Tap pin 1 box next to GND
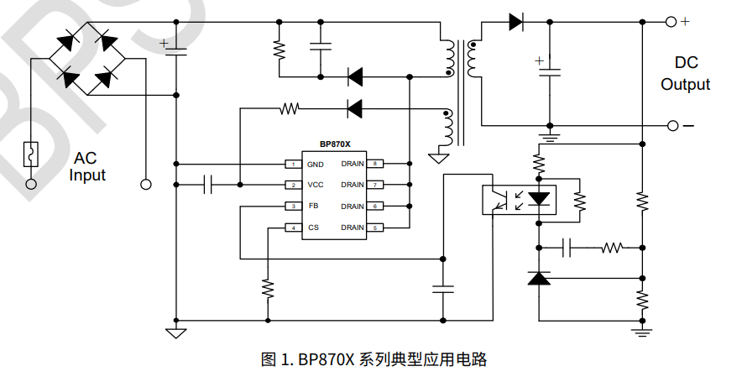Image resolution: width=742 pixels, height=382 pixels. coord(293,164)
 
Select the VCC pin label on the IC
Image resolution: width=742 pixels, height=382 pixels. coord(316,185)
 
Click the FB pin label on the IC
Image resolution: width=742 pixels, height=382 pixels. coord(313,206)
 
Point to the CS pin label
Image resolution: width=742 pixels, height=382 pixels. coord(313,228)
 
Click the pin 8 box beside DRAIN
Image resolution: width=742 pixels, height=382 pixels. coord(377,164)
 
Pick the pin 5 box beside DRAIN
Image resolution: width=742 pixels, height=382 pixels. coord(377,228)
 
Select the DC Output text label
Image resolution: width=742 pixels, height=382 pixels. coord(685,74)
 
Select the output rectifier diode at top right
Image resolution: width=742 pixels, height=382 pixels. coord(516,23)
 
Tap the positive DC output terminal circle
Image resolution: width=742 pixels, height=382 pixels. coord(672,23)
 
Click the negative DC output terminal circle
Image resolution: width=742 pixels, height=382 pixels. coord(672,126)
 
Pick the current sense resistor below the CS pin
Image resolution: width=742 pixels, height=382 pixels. coord(268,288)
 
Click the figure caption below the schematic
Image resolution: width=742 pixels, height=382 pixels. coord(374,360)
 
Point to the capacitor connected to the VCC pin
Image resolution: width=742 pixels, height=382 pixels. coord(209,185)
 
